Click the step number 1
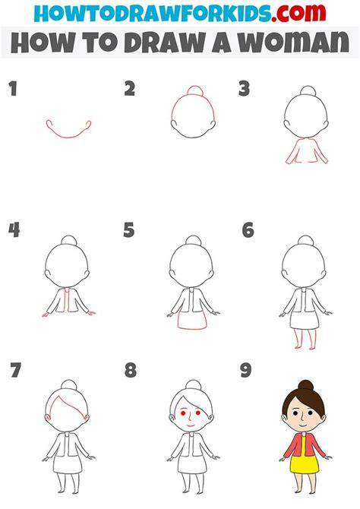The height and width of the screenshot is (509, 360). [x=13, y=89]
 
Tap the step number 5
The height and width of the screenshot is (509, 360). [x=129, y=229]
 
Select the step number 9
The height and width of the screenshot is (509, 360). [x=246, y=370]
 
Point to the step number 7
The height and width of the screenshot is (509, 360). [x=15, y=370]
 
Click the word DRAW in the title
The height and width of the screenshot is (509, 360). [x=165, y=43]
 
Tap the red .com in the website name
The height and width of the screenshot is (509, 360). [x=298, y=13]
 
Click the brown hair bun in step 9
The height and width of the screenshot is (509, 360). [x=306, y=385]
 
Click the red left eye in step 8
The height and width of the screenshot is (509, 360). [x=183, y=413]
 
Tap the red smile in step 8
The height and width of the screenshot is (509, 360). [x=190, y=424]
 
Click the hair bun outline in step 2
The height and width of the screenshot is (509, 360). [x=195, y=90]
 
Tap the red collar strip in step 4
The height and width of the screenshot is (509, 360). [x=68, y=300]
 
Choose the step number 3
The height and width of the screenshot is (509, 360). [x=244, y=89]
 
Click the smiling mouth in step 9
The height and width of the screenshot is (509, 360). [x=302, y=425]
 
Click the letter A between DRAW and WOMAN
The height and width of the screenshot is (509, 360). [x=221, y=43]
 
